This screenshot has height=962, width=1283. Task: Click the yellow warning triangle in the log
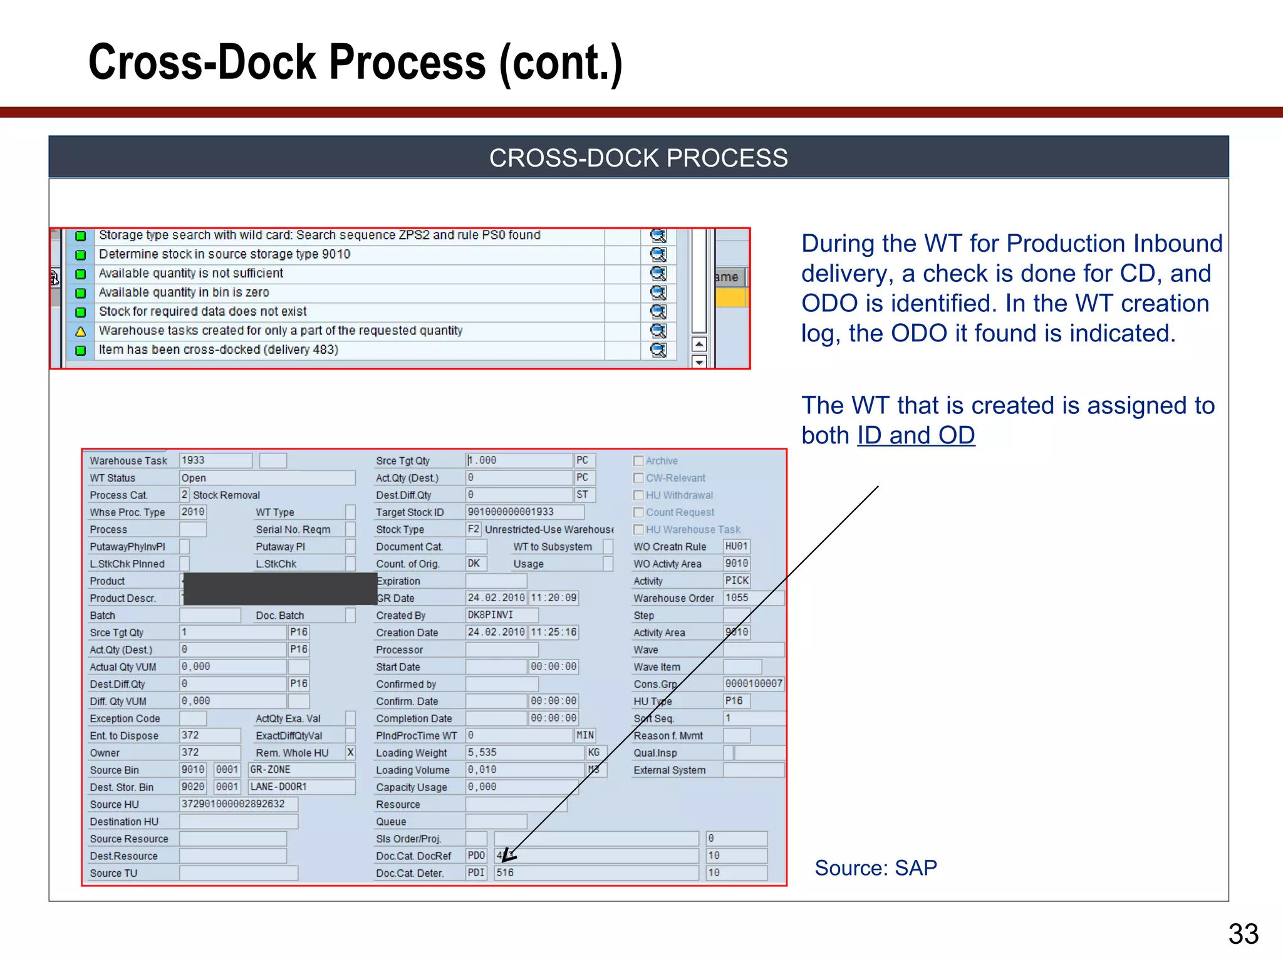click(x=80, y=331)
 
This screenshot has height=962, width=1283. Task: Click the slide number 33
click(x=1243, y=934)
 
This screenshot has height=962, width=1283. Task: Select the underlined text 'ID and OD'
click(x=916, y=435)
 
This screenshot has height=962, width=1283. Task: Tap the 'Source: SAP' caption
click(x=875, y=868)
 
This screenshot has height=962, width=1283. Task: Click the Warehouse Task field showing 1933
click(x=215, y=460)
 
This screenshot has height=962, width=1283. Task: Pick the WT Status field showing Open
click(x=267, y=478)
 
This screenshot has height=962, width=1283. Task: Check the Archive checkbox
click(x=638, y=461)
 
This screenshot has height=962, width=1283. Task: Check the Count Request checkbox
click(x=638, y=512)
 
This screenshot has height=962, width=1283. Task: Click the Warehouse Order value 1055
click(x=737, y=598)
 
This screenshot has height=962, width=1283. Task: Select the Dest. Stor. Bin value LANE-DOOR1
click(x=301, y=787)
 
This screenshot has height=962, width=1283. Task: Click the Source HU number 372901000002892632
click(x=238, y=804)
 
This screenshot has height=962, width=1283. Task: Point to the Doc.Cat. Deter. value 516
click(x=506, y=872)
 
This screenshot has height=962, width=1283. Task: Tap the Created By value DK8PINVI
click(x=491, y=615)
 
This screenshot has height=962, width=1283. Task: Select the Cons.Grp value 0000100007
click(x=754, y=684)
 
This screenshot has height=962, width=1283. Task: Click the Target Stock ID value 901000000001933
click(x=511, y=512)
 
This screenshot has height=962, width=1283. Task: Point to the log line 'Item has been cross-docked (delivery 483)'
click(x=219, y=350)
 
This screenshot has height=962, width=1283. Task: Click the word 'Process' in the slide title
click(x=407, y=62)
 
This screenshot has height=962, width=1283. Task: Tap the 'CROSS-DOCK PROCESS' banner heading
click(x=638, y=158)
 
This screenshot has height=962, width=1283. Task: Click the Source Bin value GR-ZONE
click(x=301, y=770)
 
